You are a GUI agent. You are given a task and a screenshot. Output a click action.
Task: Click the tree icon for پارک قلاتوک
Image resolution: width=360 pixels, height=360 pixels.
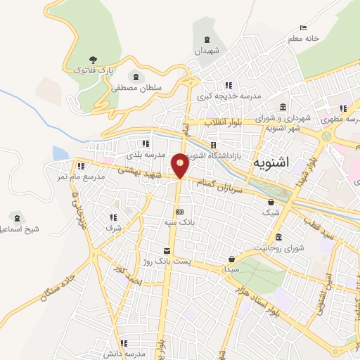click(94, 60)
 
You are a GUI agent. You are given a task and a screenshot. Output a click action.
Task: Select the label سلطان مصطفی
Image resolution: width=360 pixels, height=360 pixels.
click(135, 89)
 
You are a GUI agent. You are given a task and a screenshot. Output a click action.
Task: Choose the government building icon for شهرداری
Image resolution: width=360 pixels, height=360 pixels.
click(283, 108)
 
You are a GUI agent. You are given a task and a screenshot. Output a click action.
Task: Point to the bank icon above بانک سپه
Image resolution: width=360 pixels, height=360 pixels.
click(180, 212)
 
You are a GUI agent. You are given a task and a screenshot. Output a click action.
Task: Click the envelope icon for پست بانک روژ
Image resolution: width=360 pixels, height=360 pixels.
click(167, 250)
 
